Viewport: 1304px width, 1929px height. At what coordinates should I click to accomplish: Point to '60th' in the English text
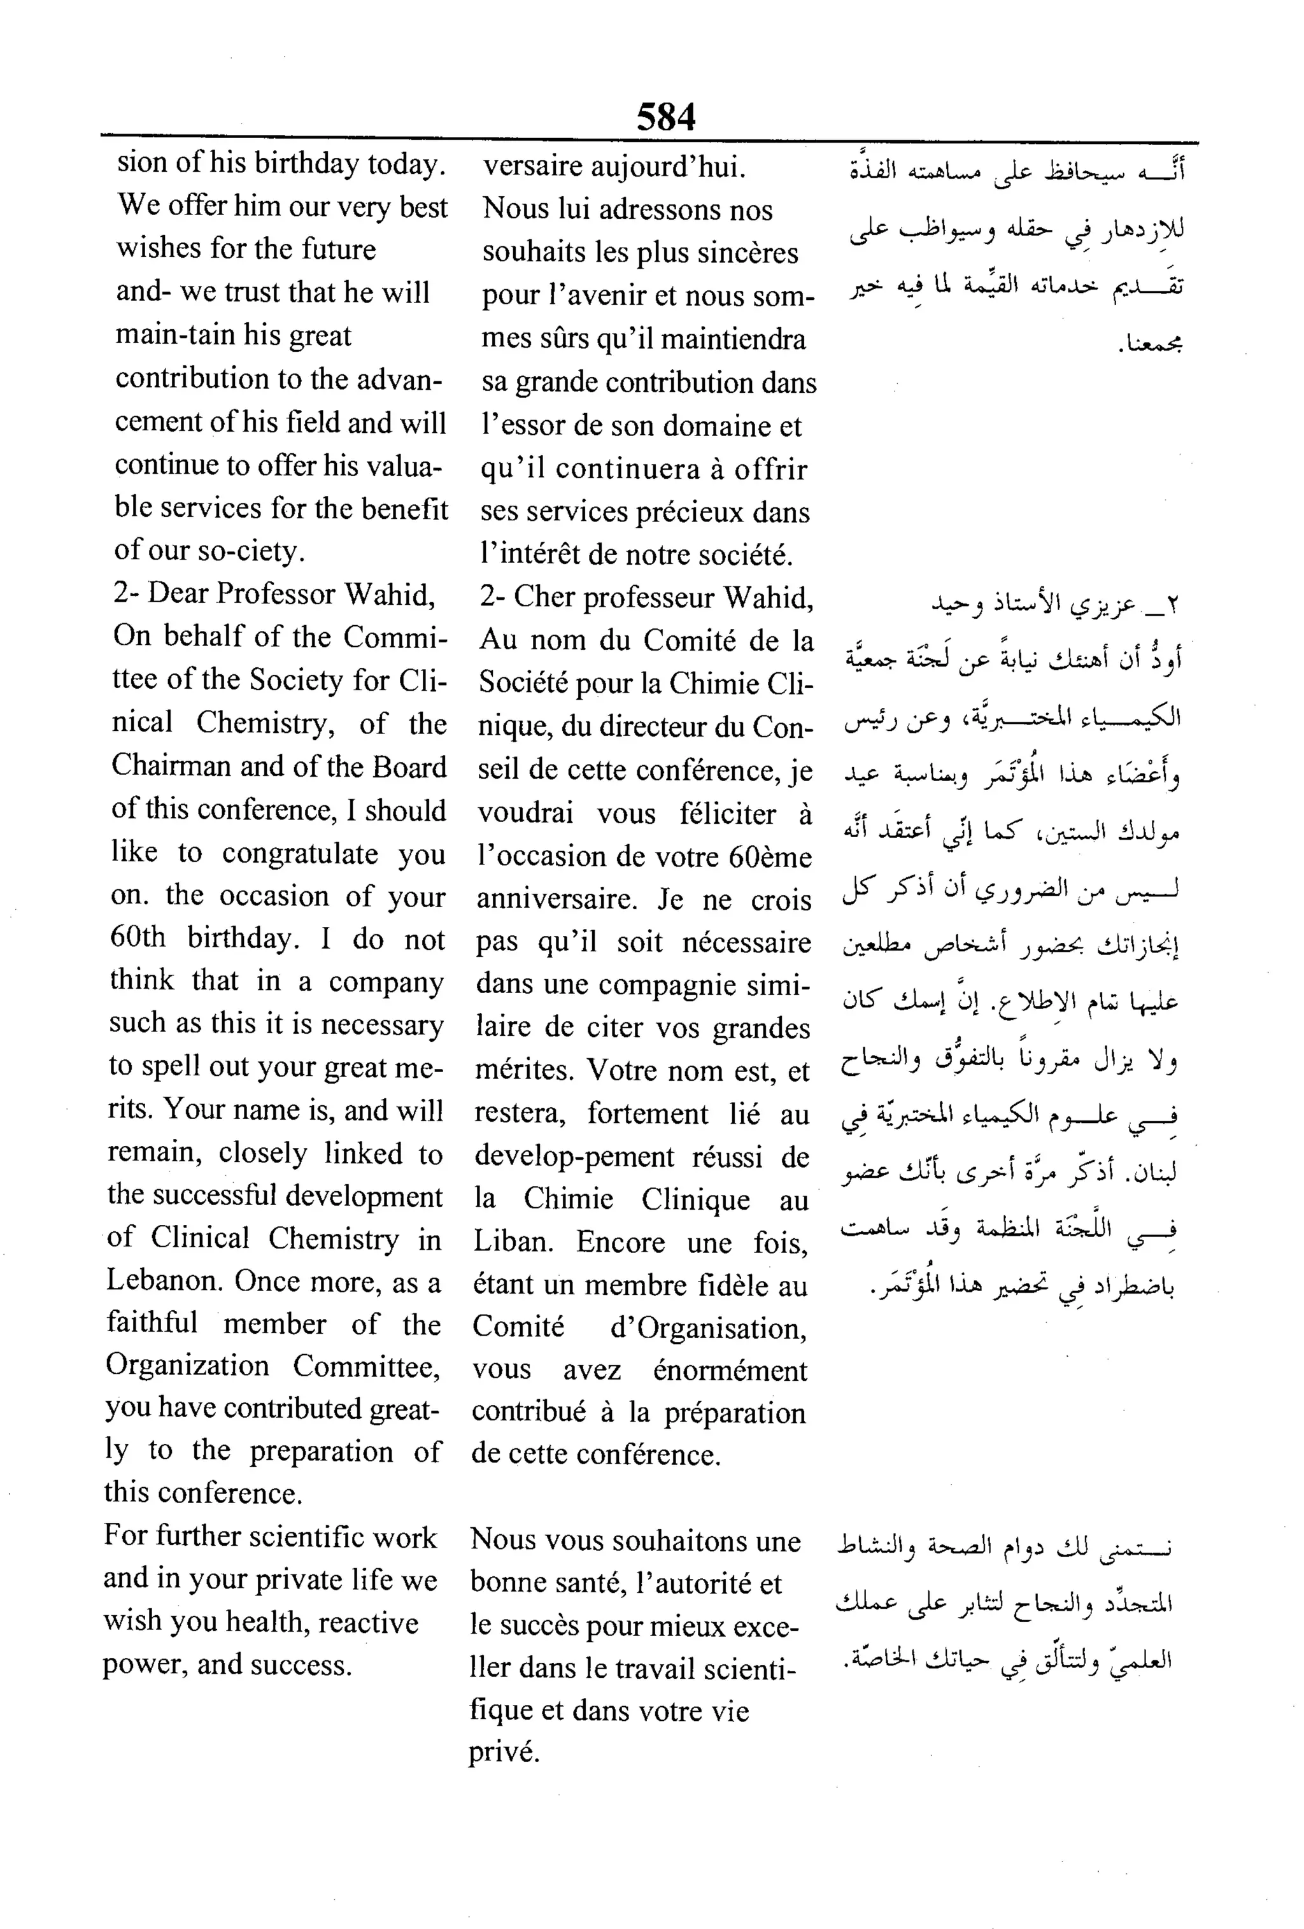(138, 938)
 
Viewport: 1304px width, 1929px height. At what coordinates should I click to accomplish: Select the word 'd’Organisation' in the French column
(707, 1328)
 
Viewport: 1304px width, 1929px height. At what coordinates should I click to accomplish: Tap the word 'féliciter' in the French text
(727, 814)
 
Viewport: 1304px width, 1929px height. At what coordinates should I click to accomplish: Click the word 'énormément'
(729, 1371)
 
